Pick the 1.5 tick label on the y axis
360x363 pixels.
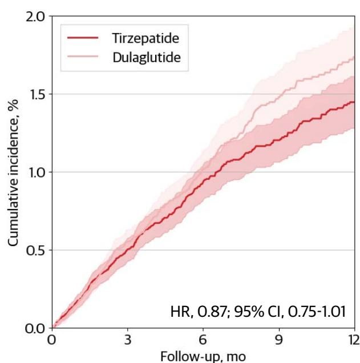coord(35,94)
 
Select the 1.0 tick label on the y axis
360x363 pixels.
coord(35,172)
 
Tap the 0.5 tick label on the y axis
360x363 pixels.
coord(35,250)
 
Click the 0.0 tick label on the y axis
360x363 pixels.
coord(35,328)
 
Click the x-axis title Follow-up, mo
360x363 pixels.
coord(204,357)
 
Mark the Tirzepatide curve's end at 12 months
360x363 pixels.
coord(354,102)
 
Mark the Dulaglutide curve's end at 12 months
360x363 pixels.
coord(354,57)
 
